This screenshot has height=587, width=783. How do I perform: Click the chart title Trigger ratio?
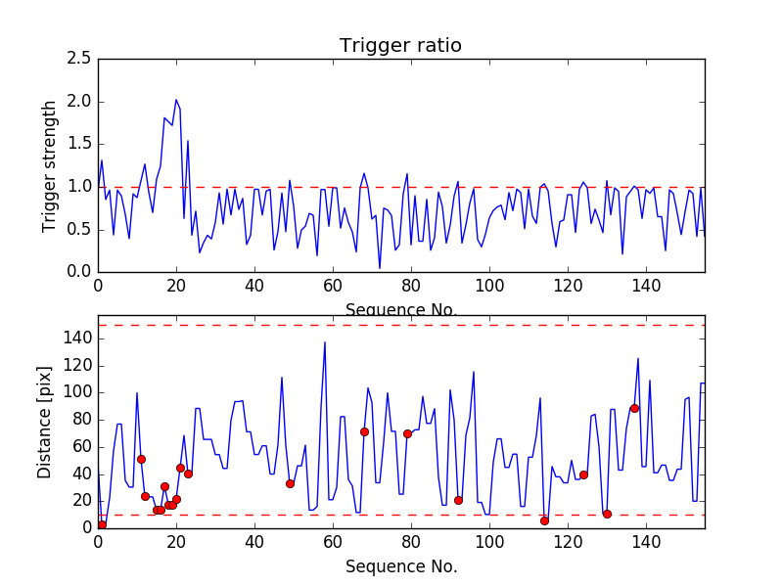coord(400,46)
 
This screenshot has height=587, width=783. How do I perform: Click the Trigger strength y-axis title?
coord(50,165)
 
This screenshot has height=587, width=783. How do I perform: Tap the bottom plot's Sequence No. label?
coord(400,566)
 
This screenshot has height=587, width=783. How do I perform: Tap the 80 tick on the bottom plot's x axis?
coord(411,543)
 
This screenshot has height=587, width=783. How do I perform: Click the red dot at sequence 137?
coord(634,408)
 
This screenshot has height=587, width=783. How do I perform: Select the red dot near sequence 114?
coord(544,520)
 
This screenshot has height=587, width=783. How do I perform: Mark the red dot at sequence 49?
coord(290,483)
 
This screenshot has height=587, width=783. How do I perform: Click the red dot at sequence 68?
coord(364,431)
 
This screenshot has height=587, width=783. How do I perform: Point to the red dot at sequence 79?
coord(407,433)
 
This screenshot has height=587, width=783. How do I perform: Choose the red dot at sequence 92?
coord(458,500)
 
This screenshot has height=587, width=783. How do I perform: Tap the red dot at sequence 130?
coord(607,514)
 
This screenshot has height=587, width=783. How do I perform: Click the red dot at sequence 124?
coord(583,474)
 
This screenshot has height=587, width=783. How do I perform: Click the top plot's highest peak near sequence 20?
coord(176,100)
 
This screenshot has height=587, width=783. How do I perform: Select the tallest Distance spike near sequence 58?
coord(325,342)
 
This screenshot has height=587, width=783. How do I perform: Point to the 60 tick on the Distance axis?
coord(78,446)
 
